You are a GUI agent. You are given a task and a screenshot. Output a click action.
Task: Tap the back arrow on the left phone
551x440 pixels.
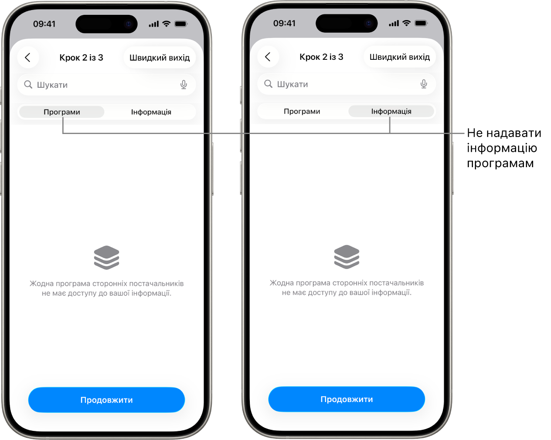[x=28, y=58]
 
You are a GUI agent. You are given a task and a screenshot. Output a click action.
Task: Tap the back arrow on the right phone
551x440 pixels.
[x=268, y=57]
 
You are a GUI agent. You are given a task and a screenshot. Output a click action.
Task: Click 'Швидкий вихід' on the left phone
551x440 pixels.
[x=160, y=58]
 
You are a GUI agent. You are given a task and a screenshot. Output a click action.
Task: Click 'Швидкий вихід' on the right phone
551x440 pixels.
[x=399, y=57]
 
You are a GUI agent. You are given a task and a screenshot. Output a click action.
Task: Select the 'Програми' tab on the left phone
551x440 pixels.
[x=62, y=112]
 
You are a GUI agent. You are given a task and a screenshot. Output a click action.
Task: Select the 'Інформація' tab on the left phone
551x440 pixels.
[x=151, y=112]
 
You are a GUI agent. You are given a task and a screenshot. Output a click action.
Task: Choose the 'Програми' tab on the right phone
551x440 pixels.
[x=302, y=111]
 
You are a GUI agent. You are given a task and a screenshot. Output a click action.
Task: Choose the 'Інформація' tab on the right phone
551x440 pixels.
[x=391, y=111]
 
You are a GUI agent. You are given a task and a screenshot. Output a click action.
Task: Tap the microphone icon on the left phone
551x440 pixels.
[x=184, y=85]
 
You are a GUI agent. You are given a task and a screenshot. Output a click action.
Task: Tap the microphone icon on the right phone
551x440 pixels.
[x=424, y=84]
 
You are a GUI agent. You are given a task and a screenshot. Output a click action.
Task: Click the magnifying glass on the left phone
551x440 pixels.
[x=28, y=84]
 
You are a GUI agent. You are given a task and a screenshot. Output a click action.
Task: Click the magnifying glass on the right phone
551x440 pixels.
[x=268, y=83]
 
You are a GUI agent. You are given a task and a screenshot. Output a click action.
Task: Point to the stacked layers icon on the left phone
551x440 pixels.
[x=106, y=258]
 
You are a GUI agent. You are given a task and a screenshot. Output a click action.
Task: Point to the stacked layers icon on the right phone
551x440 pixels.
[x=347, y=257]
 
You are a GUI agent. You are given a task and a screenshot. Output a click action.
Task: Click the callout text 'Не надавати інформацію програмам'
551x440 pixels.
[x=503, y=148]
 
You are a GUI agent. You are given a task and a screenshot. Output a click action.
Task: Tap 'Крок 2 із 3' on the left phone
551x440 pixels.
[x=81, y=58]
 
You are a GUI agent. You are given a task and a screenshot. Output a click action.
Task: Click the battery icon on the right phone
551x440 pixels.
[x=421, y=23]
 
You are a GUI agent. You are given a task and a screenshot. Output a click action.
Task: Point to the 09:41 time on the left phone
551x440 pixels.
[x=44, y=24]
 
